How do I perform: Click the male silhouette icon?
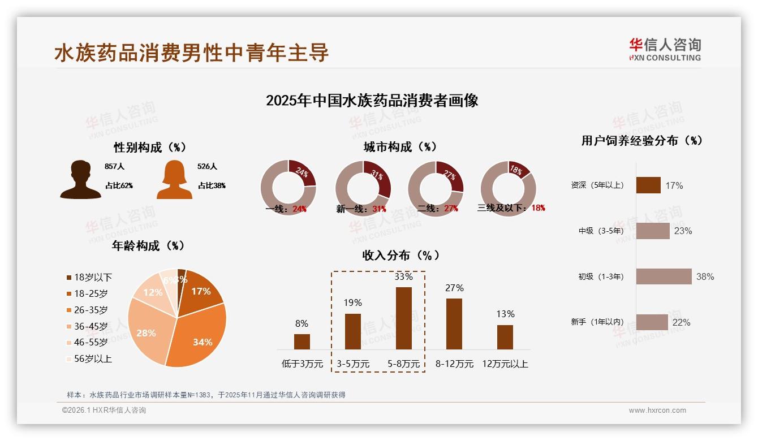[80, 180]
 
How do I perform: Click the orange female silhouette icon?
[174, 180]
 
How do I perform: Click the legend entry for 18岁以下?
[89, 278]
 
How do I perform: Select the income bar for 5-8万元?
[403, 318]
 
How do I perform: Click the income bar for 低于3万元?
[302, 341]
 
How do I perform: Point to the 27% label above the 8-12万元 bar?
[454, 288]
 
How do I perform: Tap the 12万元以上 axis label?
[505, 364]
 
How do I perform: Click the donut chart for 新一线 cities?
[363, 188]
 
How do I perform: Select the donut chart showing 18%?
[508, 188]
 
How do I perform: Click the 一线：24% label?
[286, 209]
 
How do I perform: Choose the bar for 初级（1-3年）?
[664, 276]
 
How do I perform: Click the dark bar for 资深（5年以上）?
[648, 185]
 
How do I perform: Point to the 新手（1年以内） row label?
[597, 322]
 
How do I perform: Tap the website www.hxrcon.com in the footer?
[657, 410]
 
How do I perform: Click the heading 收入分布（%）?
[400, 256]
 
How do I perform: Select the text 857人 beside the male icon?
[114, 167]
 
